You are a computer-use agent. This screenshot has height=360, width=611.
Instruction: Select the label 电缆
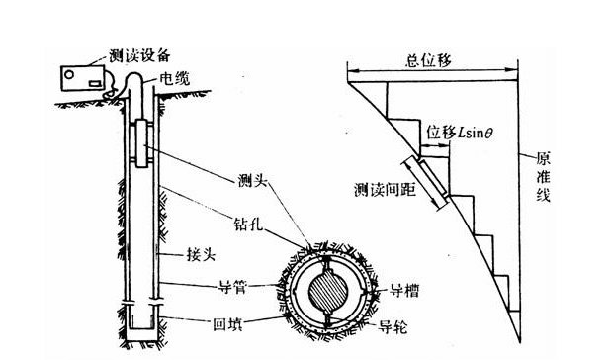[179, 76]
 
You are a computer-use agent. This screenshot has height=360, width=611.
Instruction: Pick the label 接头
[203, 254]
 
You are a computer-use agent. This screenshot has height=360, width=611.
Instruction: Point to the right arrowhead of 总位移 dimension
[517, 70]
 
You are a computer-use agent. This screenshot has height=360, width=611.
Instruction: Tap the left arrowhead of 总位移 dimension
[348, 70]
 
